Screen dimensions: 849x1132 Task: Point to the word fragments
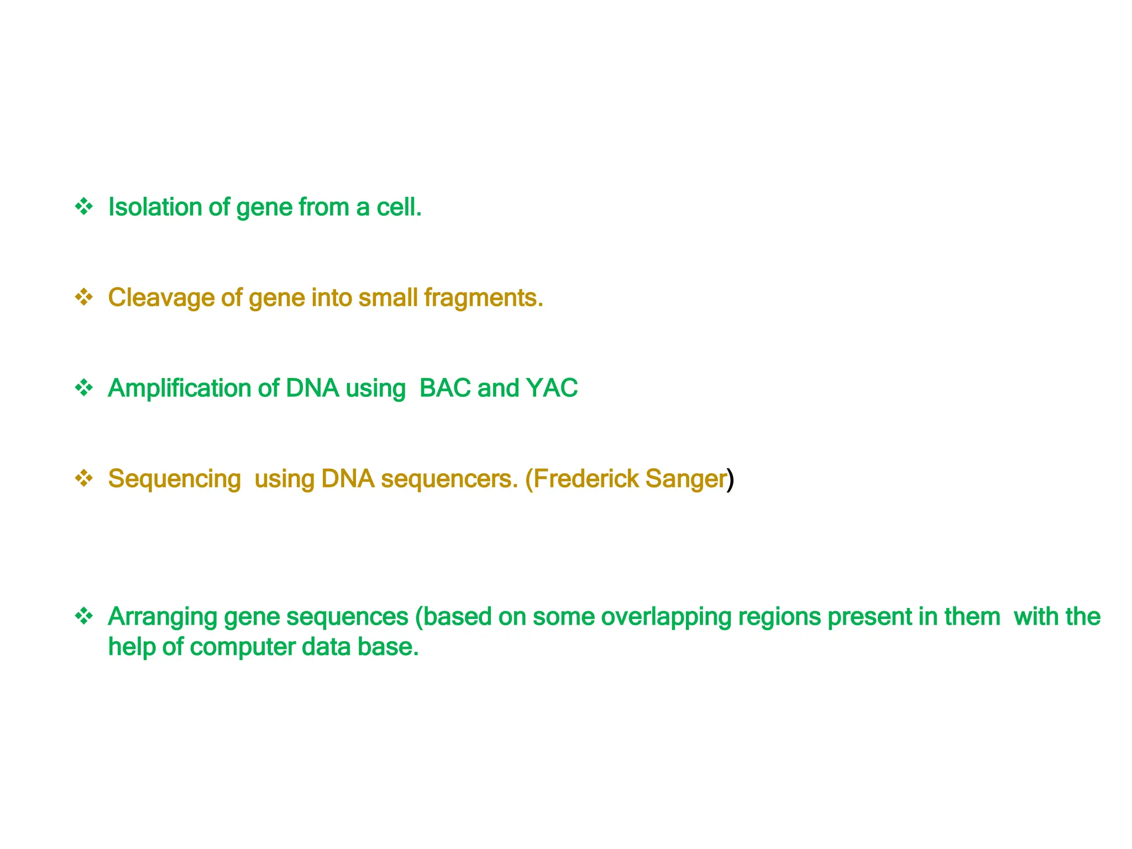pos(483,298)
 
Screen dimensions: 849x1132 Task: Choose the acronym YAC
pos(552,388)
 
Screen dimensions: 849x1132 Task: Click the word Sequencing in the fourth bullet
pos(174,479)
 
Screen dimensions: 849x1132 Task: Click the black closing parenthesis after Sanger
pos(731,479)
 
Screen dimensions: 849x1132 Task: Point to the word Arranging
pos(163,617)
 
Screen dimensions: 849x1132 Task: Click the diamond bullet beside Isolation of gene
pos(84,207)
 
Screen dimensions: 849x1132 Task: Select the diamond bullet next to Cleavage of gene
pos(84,297)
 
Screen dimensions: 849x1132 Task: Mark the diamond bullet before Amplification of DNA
pos(84,388)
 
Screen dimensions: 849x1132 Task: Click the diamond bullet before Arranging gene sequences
pos(84,616)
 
